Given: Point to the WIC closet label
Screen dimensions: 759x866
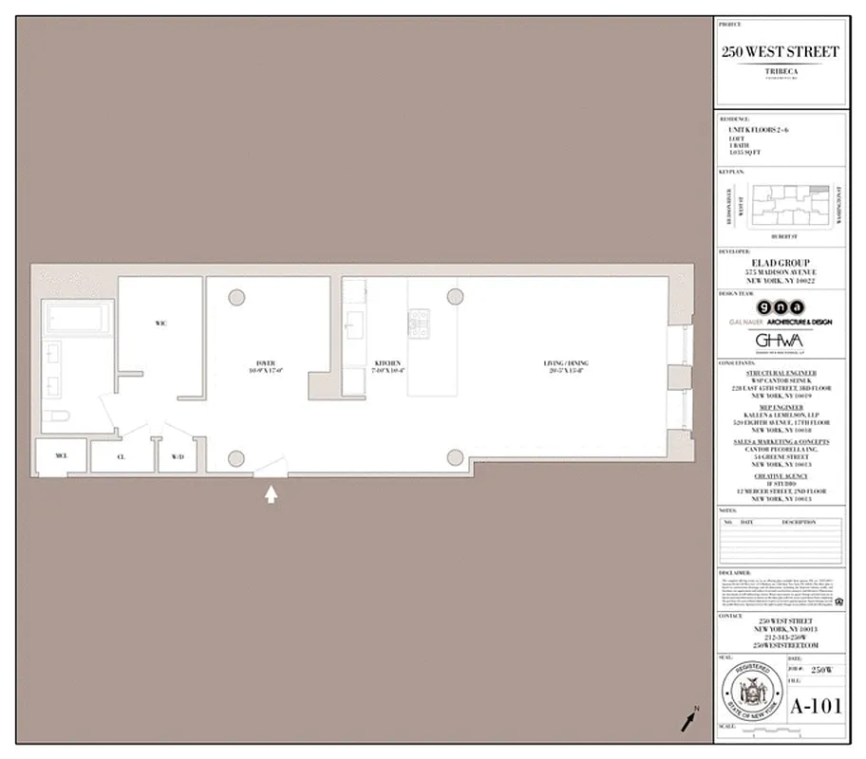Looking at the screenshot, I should tap(160, 324).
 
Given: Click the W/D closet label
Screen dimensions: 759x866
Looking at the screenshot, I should tap(178, 456).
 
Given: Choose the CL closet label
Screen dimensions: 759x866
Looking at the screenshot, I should tap(122, 456).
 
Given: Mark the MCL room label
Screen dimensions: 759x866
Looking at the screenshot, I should tap(61, 456).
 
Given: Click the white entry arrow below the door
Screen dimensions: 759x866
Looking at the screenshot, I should tap(272, 493).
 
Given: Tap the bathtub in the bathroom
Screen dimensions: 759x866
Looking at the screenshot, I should tap(80, 319).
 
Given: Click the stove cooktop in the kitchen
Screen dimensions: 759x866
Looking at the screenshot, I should tap(419, 323).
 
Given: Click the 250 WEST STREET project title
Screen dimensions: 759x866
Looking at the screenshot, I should tap(780, 52).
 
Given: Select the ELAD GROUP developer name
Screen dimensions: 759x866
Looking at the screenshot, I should tap(780, 263).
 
